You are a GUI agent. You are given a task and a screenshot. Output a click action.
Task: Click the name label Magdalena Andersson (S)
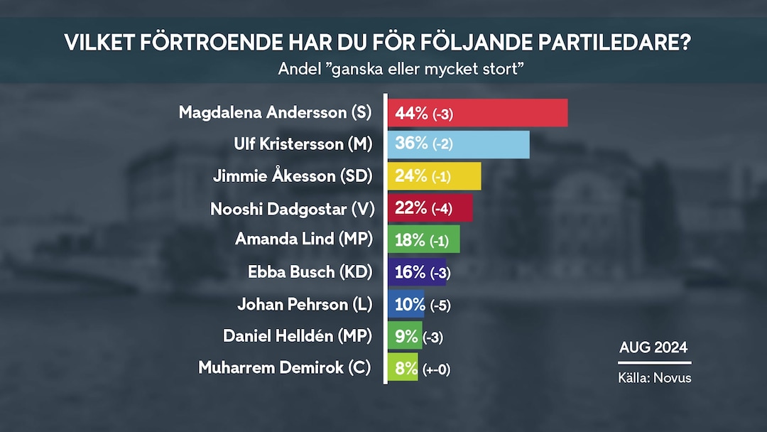click(276, 113)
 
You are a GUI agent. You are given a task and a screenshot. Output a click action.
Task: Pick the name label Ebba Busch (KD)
click(310, 271)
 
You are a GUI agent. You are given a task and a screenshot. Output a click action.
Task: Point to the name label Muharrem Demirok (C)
click(285, 368)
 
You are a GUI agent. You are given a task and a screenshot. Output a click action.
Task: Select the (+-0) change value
click(436, 369)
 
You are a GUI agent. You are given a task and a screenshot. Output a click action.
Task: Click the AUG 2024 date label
click(653, 347)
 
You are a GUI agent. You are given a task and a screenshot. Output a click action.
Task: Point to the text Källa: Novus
click(654, 378)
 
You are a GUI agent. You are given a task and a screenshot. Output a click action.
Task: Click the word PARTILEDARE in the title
click(610, 43)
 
